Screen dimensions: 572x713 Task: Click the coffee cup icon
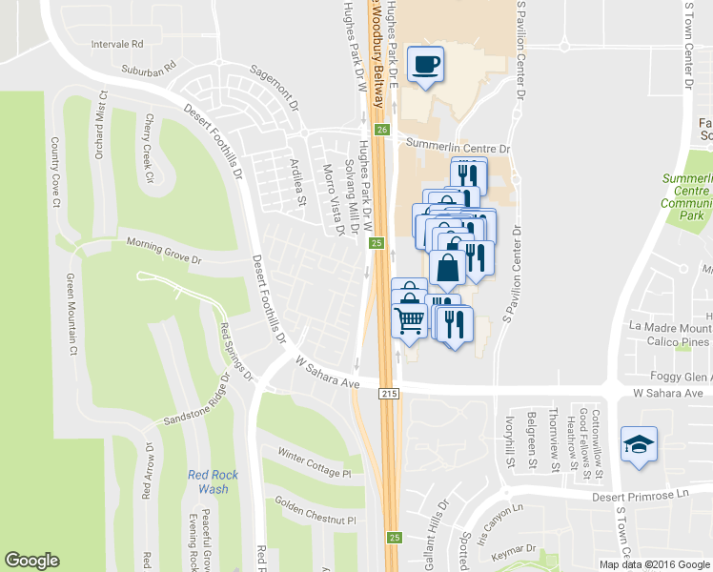(425, 65)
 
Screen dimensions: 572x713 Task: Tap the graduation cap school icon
(639, 444)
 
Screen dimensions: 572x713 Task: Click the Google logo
(32, 561)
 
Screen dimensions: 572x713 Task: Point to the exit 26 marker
(382, 130)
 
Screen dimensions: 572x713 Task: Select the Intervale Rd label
(116, 44)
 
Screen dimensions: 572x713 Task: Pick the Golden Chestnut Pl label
(315, 510)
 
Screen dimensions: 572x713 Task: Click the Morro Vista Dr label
(334, 198)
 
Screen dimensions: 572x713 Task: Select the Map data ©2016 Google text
(654, 563)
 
